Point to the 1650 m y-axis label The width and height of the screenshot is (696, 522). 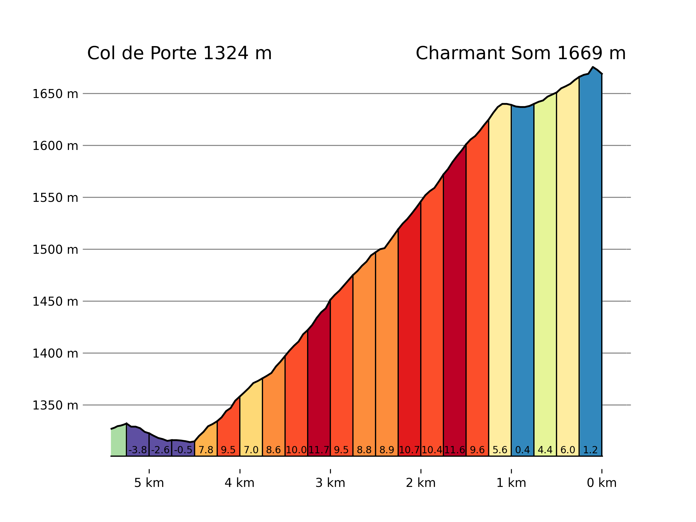(55, 94)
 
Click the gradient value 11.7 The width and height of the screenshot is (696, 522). (319, 450)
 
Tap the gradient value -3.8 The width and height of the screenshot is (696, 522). (138, 450)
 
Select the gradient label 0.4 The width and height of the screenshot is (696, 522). (523, 450)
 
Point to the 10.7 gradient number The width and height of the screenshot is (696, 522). (409, 450)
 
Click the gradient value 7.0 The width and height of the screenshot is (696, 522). (251, 450)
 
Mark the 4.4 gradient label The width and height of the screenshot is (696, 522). (545, 450)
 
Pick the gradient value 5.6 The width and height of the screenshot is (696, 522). (500, 450)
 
